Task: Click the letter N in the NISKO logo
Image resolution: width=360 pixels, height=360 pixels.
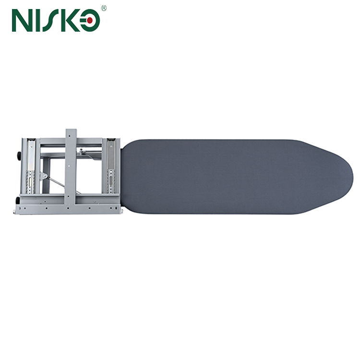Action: (x=23, y=21)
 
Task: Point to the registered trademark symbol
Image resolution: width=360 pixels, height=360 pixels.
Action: (x=104, y=8)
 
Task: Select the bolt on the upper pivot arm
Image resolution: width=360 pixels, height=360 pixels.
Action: (x=82, y=151)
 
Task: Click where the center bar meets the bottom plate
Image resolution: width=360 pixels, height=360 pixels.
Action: (x=71, y=204)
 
